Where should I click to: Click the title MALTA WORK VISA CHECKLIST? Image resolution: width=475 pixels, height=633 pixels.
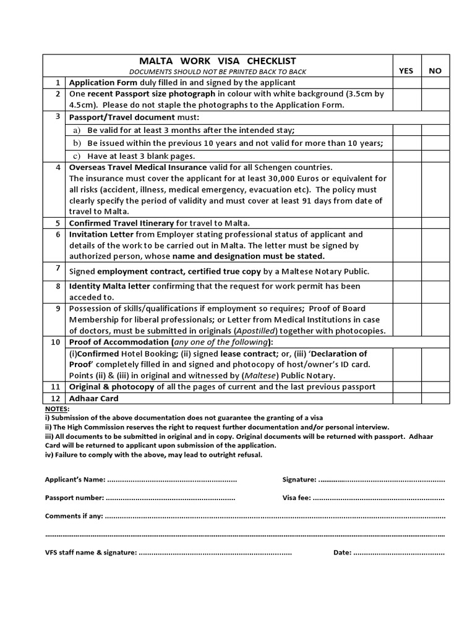pyautogui.click(x=217, y=61)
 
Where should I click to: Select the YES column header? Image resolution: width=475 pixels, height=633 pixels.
pyautogui.click(x=406, y=70)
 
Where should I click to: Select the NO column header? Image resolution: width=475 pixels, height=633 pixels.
pyautogui.click(x=435, y=70)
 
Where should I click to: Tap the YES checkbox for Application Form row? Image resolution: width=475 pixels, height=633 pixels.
pyautogui.click(x=406, y=83)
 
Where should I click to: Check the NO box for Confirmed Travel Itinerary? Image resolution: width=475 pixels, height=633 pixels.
pyautogui.click(x=435, y=223)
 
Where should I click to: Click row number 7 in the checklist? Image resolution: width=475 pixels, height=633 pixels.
pyautogui.click(x=58, y=268)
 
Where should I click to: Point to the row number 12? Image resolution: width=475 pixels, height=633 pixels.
pyautogui.click(x=56, y=399)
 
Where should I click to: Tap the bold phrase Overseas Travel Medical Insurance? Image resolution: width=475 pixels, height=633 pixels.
pyautogui.click(x=137, y=168)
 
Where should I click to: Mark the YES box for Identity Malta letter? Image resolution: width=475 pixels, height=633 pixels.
pyautogui.click(x=406, y=291)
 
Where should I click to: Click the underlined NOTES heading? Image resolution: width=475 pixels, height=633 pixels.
pyautogui.click(x=57, y=409)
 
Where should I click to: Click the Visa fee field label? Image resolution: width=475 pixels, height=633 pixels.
pyautogui.click(x=296, y=498)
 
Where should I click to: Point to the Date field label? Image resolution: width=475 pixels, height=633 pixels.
pyautogui.click(x=342, y=552)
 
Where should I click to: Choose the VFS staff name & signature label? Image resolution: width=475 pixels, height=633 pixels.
pyautogui.click(x=90, y=552)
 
